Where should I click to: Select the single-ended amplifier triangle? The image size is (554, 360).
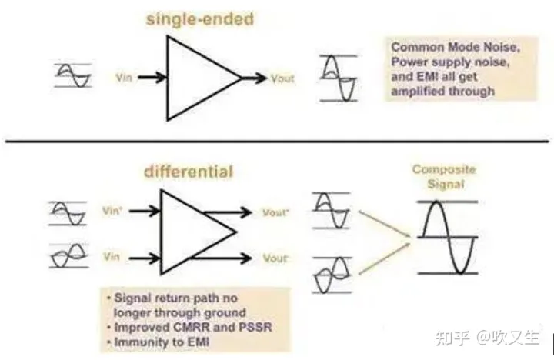coord(200,78)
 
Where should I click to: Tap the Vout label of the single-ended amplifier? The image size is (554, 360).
coord(282,78)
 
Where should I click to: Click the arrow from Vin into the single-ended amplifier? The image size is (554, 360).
coord(150,78)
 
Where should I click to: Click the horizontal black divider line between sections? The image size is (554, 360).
coord(277,142)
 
